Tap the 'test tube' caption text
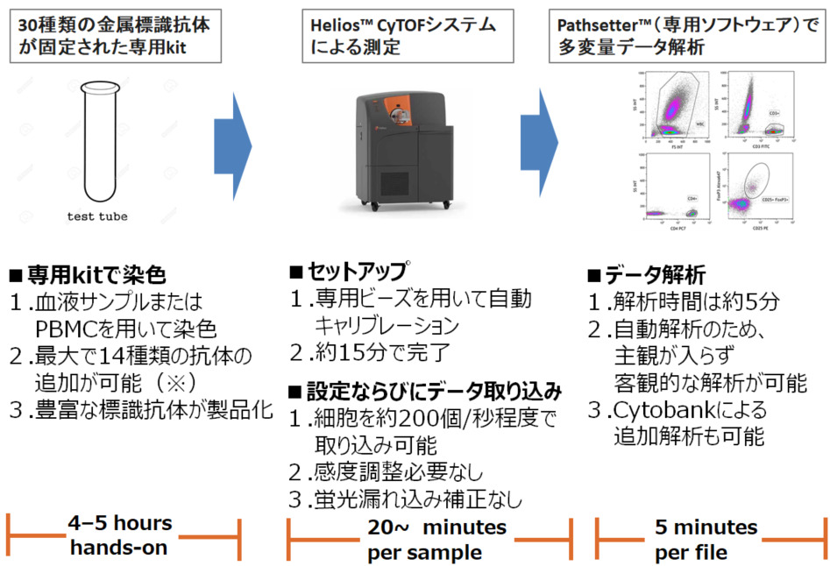[x=96, y=216]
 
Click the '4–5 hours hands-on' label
[x=121, y=535]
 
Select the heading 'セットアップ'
[x=356, y=271]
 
